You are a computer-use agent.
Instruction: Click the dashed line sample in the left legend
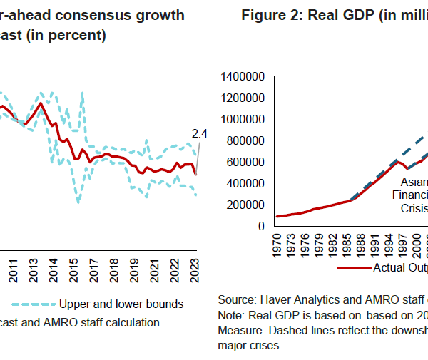[34, 304]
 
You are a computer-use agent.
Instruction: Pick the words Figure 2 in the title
[270, 15]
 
